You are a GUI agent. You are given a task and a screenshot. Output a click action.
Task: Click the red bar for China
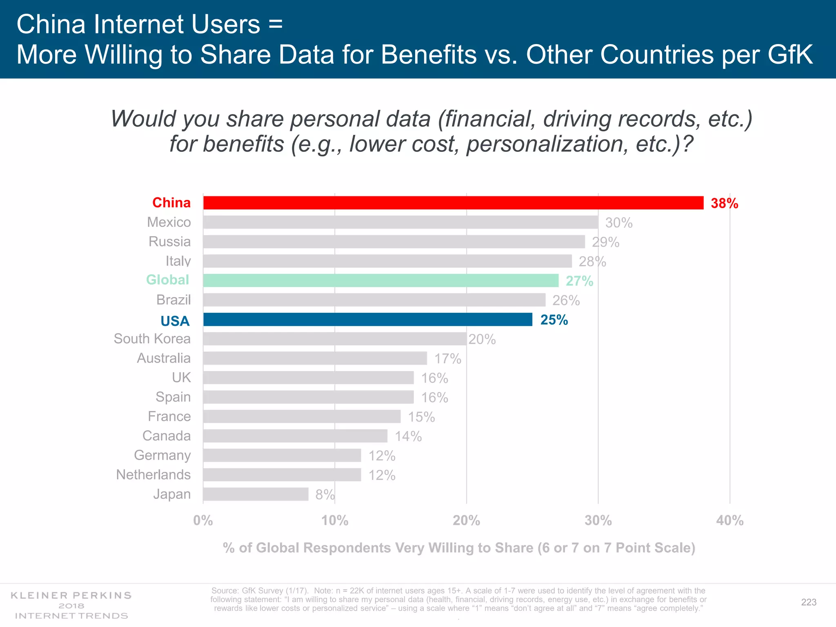(x=453, y=203)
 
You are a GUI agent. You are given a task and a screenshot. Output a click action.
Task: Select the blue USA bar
(x=367, y=320)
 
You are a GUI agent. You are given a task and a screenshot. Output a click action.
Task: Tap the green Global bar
(x=380, y=280)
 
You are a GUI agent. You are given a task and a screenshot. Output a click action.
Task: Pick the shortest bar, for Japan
(x=256, y=494)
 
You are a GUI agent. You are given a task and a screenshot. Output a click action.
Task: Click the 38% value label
(x=724, y=203)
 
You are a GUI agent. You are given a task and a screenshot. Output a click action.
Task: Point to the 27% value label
(x=579, y=281)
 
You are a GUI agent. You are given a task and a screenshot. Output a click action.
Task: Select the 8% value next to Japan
(x=325, y=495)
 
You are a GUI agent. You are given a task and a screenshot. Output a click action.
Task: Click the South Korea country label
(x=152, y=339)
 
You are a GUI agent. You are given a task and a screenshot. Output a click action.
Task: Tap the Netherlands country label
(x=153, y=475)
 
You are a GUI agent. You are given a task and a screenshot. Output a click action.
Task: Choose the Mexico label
(x=169, y=222)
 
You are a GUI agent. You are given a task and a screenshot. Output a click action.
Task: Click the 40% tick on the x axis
(x=729, y=520)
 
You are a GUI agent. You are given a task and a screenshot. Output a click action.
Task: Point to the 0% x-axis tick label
(x=203, y=520)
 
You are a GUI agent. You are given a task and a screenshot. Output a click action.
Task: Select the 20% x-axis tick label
(x=466, y=520)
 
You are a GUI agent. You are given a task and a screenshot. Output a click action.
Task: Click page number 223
(x=808, y=602)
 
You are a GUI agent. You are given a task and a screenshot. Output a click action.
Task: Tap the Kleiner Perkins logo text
(x=71, y=596)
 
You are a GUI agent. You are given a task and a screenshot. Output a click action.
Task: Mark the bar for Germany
(x=282, y=455)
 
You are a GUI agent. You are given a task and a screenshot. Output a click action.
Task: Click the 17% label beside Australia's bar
(x=447, y=359)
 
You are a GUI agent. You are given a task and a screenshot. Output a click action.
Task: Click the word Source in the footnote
(x=225, y=591)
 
